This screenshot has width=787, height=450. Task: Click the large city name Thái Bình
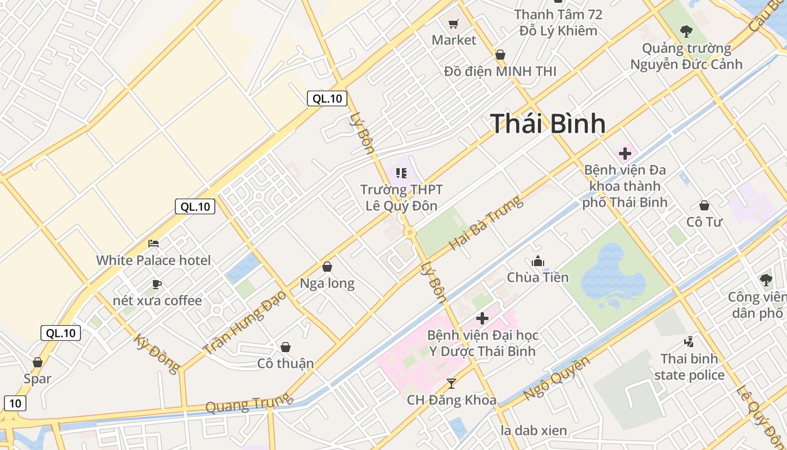(548, 124)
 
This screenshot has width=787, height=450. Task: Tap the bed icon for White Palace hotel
(153, 244)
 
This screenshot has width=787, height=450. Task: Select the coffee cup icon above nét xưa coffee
(157, 285)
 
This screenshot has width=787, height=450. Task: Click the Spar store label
(38, 379)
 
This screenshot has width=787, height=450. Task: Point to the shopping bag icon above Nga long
(327, 267)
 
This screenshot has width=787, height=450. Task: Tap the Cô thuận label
(286, 363)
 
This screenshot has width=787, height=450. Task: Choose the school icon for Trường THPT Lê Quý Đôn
(401, 173)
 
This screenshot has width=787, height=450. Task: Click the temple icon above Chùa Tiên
(538, 261)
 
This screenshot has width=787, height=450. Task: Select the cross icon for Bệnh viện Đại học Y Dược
(482, 318)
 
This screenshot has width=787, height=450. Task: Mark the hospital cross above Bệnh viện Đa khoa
(625, 154)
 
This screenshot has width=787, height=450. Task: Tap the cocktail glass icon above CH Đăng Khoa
(451, 384)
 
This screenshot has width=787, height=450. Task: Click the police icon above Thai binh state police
(689, 341)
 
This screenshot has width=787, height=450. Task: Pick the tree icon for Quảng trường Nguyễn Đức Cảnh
(686, 31)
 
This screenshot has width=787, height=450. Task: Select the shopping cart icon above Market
(454, 24)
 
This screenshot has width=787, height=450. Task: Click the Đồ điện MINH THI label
(500, 71)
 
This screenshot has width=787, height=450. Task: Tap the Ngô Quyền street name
(557, 378)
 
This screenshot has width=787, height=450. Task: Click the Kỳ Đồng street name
(157, 354)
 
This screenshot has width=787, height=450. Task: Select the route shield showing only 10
(16, 403)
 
